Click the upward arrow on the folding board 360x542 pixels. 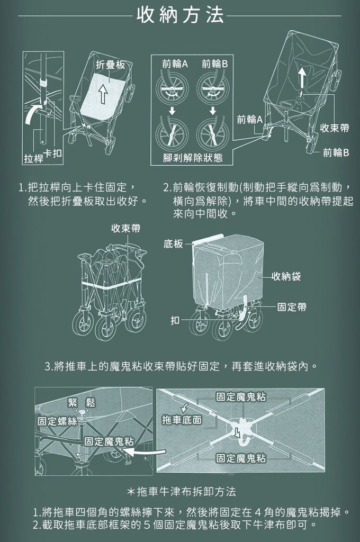(104, 94)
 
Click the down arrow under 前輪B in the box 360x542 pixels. (212, 111)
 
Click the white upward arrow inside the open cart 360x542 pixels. (300, 78)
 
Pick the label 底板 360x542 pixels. (174, 243)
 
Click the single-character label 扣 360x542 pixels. (175, 320)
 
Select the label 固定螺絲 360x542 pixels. (56, 421)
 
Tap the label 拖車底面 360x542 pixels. (182, 420)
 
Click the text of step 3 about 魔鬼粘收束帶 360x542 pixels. (181, 366)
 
